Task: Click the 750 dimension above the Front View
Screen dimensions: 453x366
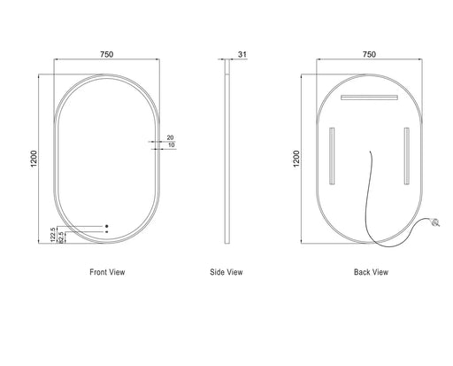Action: pyautogui.click(x=107, y=54)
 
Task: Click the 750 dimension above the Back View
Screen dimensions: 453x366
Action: pyautogui.click(x=369, y=54)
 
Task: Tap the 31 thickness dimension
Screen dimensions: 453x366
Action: pyautogui.click(x=242, y=54)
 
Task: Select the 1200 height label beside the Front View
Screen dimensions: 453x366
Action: pyautogui.click(x=34, y=159)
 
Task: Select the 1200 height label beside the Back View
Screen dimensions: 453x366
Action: pyautogui.click(x=296, y=159)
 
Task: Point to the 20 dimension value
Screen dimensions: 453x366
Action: pyautogui.click(x=170, y=137)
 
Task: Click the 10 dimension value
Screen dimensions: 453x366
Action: pyautogui.click(x=171, y=145)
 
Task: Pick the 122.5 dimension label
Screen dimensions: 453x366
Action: pyautogui.click(x=53, y=235)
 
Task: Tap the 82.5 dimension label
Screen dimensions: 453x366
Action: pyautogui.click(x=61, y=238)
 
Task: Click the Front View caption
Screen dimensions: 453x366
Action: pyautogui.click(x=107, y=272)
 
